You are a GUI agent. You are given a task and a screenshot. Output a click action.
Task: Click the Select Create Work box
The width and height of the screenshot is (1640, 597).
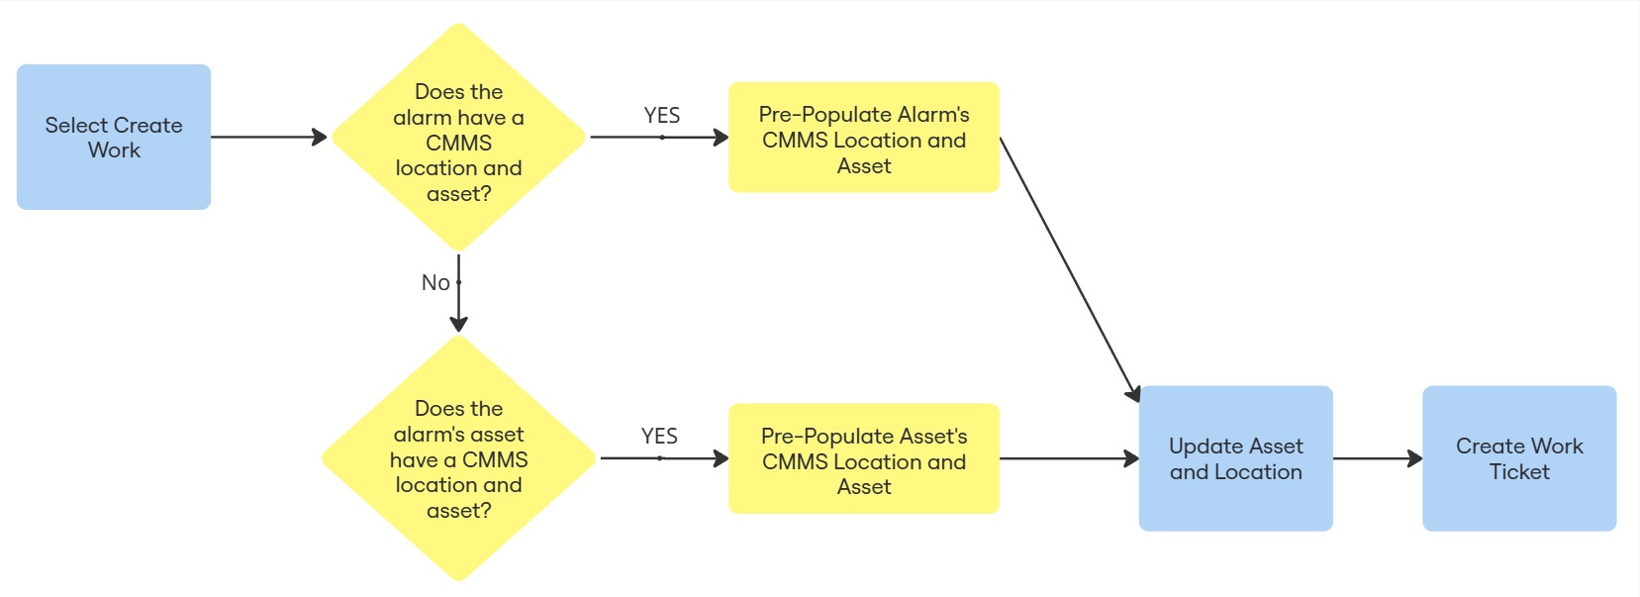(x=113, y=137)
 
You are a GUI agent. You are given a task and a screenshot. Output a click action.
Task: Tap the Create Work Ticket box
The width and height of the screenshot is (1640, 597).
(x=1518, y=458)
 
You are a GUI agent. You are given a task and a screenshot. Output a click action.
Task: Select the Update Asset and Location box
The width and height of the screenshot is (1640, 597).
(x=1235, y=458)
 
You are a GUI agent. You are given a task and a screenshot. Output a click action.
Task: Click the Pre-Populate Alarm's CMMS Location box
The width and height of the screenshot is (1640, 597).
(x=863, y=138)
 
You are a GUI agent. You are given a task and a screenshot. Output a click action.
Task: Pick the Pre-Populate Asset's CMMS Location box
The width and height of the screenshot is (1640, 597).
(x=863, y=458)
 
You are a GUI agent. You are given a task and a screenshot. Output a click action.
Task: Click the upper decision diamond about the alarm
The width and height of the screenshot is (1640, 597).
(x=458, y=138)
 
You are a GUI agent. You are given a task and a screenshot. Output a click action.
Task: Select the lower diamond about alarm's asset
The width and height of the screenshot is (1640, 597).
(x=458, y=458)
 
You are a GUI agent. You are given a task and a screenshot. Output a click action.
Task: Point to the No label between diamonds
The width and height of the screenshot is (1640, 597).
(x=435, y=283)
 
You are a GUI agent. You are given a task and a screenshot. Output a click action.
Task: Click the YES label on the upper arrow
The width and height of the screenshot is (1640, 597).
(x=661, y=116)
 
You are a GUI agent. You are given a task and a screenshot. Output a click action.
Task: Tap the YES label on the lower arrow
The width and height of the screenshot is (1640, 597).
(x=659, y=437)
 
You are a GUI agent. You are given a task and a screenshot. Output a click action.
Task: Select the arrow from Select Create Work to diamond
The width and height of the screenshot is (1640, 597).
(x=267, y=138)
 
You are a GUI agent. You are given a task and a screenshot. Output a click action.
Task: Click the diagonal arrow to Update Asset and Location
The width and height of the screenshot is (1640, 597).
(x=1069, y=267)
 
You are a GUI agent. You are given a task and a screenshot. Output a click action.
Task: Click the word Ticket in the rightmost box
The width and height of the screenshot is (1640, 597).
(x=1519, y=472)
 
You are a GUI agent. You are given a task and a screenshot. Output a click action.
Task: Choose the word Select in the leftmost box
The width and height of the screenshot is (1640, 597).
(x=75, y=126)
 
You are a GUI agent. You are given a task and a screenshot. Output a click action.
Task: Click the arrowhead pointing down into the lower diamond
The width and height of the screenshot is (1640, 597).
(x=458, y=324)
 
